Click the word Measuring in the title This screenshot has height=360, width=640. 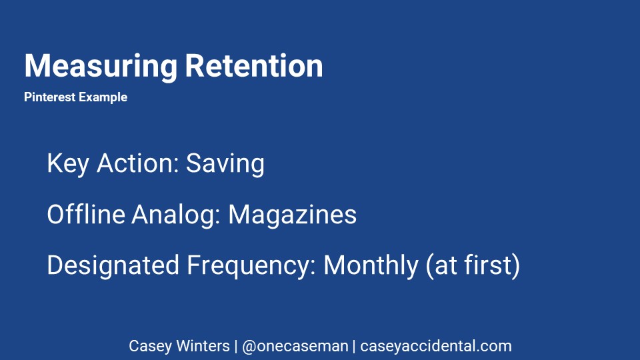pyautogui.click(x=101, y=67)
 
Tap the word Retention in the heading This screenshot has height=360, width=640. pyautogui.click(x=254, y=65)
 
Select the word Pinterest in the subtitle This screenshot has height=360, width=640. pyautogui.click(x=50, y=97)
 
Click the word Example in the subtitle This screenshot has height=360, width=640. pyautogui.click(x=103, y=97)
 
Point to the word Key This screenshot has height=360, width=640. pyautogui.click(x=68, y=164)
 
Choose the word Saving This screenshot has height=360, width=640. pyautogui.click(x=225, y=164)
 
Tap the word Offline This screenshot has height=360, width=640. pyautogui.click(x=86, y=214)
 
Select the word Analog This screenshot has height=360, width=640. pyautogui.click(x=176, y=215)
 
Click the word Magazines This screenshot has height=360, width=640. pyautogui.click(x=292, y=215)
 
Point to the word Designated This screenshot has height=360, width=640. pyautogui.click(x=113, y=266)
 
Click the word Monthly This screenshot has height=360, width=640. pyautogui.click(x=371, y=266)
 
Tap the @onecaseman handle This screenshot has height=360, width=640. pyautogui.click(x=295, y=346)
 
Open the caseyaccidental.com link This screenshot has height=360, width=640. pyautogui.click(x=436, y=346)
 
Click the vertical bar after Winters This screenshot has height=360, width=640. pyautogui.click(x=236, y=346)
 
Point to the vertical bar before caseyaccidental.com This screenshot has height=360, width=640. pyautogui.click(x=354, y=346)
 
